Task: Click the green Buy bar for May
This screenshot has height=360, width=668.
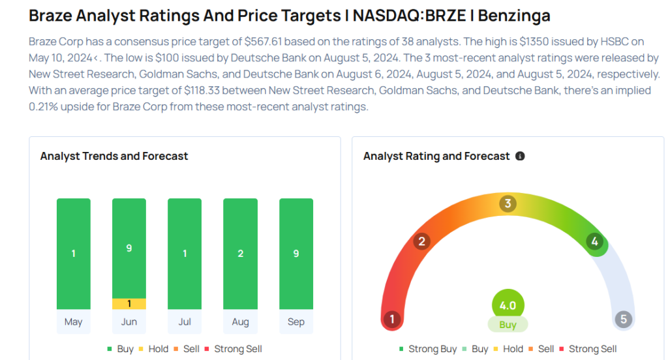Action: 74,254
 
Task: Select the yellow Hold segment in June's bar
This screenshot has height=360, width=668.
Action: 129,303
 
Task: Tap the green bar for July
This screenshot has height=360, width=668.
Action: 185,254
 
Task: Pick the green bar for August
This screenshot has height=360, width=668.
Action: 240,254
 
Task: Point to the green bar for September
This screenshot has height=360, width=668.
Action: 296,254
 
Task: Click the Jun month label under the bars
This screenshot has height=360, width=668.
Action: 129,322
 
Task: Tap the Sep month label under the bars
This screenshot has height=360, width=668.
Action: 296,322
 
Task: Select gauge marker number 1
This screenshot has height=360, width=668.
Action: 392,320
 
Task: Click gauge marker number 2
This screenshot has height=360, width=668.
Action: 421,242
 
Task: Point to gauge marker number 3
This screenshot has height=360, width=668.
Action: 508,204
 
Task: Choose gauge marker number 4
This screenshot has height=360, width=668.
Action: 594,242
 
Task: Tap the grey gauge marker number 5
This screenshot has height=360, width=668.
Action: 624,320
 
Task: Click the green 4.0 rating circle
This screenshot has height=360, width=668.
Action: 508,306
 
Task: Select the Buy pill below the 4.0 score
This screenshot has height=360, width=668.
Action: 508,325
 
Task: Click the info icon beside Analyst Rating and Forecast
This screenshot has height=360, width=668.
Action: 520,157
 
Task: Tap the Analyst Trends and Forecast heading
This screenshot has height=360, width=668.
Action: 114,156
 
